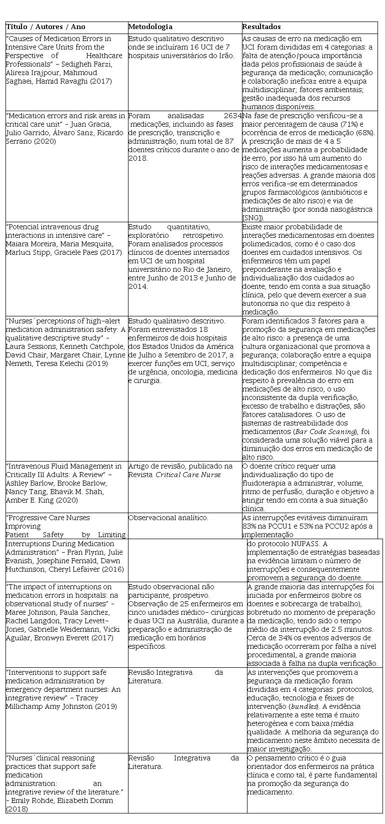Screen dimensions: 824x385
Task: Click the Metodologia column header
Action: coord(150,27)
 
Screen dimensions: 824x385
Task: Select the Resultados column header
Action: coord(261,27)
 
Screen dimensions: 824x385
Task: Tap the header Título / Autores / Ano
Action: coord(45,27)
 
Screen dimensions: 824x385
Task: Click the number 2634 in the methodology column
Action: coord(232,116)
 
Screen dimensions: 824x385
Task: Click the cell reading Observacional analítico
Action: coord(168,518)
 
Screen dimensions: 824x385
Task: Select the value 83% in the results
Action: coord(249,526)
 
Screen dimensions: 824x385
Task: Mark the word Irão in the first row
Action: coord(225,55)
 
